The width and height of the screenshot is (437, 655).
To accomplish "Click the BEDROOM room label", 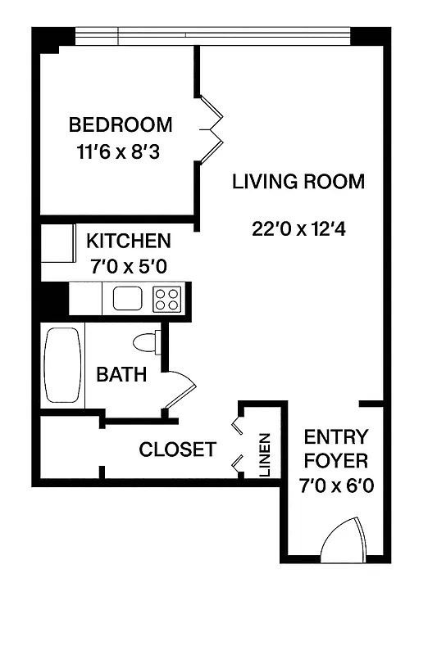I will [121, 125].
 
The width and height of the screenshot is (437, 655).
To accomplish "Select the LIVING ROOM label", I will [298, 182].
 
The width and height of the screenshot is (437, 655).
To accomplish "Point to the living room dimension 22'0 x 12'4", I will [299, 229].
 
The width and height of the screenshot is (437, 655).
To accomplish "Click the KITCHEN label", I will [129, 241].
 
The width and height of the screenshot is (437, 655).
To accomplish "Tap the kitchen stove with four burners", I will [167, 298].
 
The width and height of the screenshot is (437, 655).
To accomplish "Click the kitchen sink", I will [128, 298].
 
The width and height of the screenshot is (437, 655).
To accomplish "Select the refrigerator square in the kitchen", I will [55, 243].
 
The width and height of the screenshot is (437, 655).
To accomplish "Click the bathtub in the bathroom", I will [63, 365].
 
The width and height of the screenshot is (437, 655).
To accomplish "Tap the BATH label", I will [121, 375].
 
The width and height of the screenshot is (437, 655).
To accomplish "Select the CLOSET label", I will [177, 449].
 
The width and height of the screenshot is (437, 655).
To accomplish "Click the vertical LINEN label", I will [265, 455].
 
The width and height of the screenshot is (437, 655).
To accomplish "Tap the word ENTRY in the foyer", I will [336, 436].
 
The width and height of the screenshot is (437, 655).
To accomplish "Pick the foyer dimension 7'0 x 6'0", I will [336, 486].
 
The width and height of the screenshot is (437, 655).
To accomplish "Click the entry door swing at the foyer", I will [341, 539].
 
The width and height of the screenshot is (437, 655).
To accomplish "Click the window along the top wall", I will [213, 37].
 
